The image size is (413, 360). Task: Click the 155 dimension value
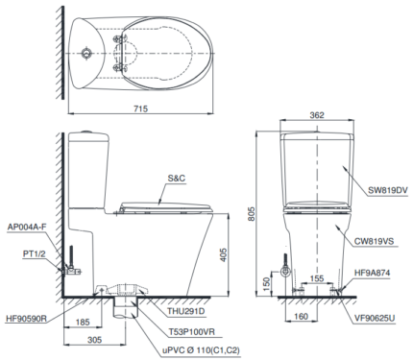pos(315,277)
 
